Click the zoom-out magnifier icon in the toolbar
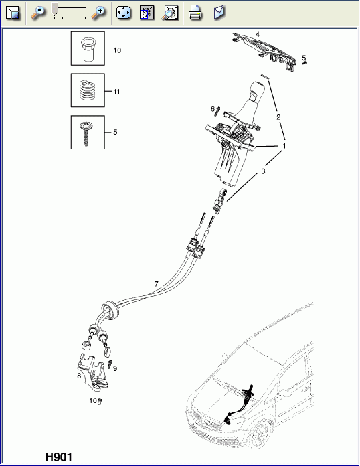(x=39, y=12)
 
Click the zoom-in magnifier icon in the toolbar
(x=98, y=12)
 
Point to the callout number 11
(x=117, y=91)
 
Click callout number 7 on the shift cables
(x=156, y=284)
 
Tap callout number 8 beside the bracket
(x=79, y=376)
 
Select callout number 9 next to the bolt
(x=115, y=368)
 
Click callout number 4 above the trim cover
(x=257, y=33)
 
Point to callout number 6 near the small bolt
(x=212, y=109)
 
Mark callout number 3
(x=263, y=172)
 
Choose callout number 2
(x=278, y=117)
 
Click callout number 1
(x=284, y=145)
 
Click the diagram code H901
(x=58, y=457)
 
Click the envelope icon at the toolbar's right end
(x=219, y=12)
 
